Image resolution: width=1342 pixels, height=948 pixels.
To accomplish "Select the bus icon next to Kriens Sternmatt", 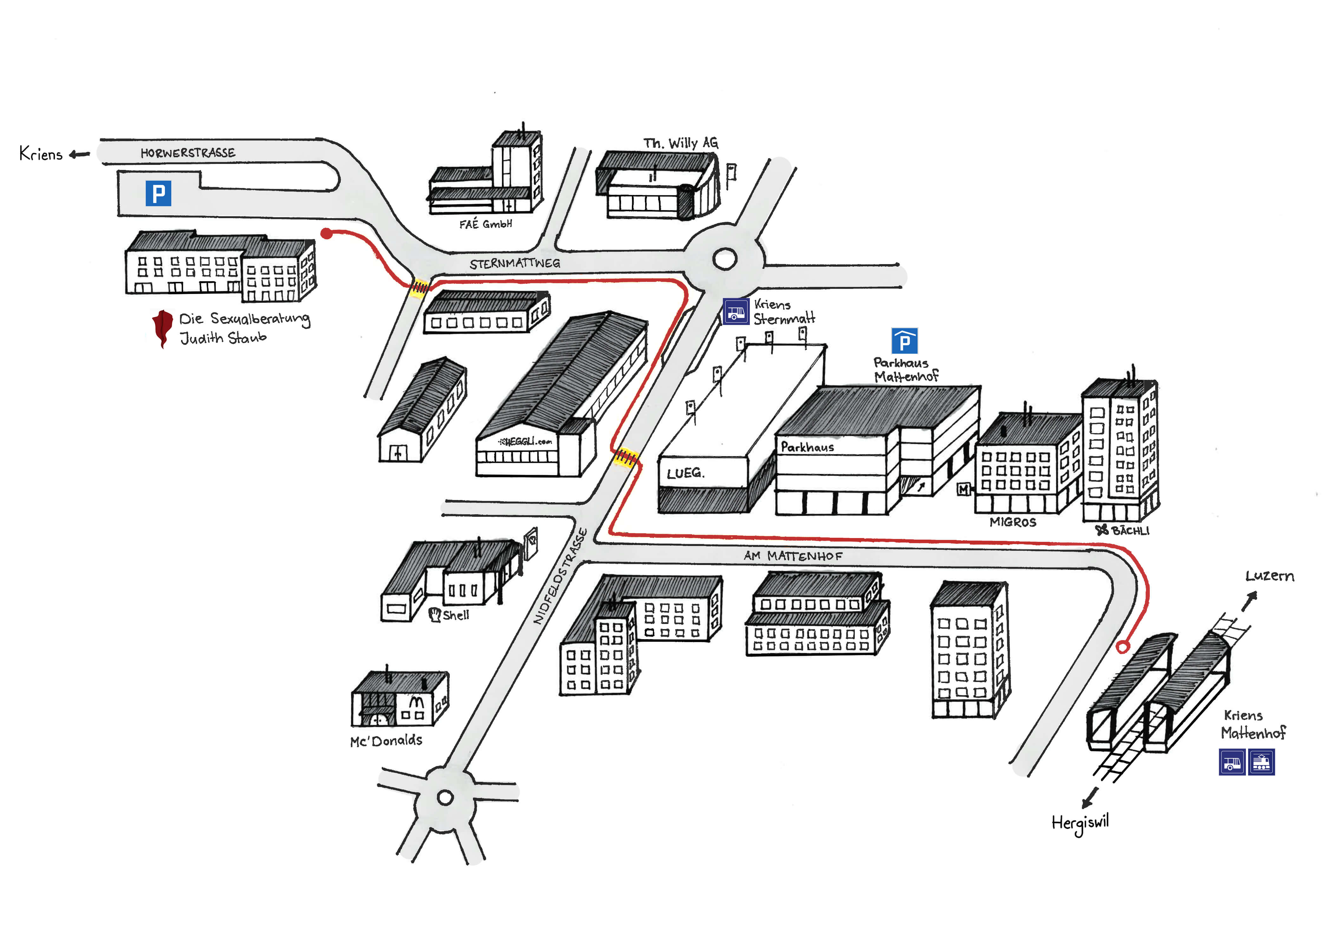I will [x=736, y=311].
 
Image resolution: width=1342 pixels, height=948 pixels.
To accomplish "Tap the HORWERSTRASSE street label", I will [x=188, y=153].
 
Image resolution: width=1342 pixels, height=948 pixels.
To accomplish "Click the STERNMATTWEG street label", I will [x=514, y=263].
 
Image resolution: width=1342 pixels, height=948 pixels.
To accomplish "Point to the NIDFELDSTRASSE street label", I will [x=560, y=576].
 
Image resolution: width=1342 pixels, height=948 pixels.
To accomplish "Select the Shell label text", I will [x=455, y=615].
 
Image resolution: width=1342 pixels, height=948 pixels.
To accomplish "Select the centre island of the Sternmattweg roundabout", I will [x=725, y=258].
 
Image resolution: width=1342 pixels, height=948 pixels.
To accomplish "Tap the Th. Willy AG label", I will [x=680, y=143].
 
